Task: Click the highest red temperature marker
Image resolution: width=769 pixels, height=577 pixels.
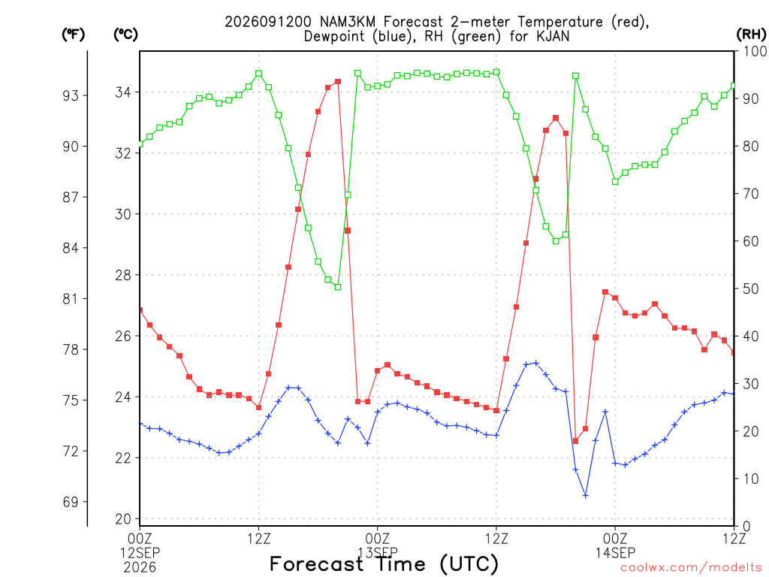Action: pos(338,81)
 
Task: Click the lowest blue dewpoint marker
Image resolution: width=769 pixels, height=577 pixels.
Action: pos(585,496)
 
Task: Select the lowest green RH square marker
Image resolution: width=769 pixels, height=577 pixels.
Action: pos(338,287)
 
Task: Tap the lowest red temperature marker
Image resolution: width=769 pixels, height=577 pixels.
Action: pos(575,441)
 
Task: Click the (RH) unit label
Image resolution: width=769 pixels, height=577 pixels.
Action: pos(751,35)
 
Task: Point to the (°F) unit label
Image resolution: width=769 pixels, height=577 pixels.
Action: pos(74,35)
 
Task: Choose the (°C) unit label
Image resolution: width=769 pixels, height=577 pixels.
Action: pos(126,35)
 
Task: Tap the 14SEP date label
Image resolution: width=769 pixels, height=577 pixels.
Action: pos(616,553)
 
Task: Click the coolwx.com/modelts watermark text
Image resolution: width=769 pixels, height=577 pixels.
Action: pos(692,568)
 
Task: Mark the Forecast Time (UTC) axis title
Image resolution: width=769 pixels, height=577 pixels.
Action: pos(384,564)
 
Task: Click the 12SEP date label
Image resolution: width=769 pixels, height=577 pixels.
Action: pos(140,553)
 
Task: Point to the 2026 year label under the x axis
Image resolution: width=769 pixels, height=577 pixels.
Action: pos(140,568)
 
